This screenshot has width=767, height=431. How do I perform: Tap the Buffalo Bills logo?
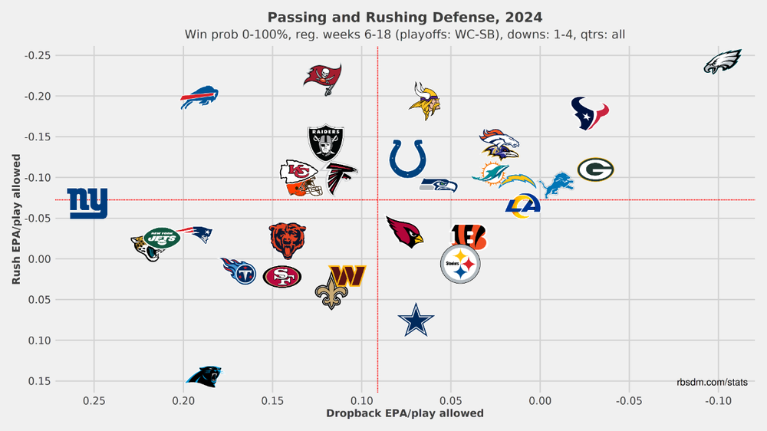pos(199,98)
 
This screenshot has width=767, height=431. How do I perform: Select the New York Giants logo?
pos(87,203)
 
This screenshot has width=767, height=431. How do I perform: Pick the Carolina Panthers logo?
pos(204,376)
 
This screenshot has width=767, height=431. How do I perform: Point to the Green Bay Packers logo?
pos(595,169)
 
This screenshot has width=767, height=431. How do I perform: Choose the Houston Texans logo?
pos(590,114)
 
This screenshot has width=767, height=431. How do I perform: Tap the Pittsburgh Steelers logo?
pos(460,265)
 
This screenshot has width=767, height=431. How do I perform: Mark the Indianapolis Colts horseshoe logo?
pos(407,159)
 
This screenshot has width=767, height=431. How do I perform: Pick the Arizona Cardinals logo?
pos(404,231)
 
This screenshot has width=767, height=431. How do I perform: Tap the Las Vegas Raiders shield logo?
pos(326,143)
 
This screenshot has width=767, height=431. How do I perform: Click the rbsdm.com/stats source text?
pos(712,382)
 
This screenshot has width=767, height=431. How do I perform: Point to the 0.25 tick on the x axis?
pos(94,400)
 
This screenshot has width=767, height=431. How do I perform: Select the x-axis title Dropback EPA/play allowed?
pos(405,413)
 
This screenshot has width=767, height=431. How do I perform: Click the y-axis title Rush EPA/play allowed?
pos(15,219)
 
